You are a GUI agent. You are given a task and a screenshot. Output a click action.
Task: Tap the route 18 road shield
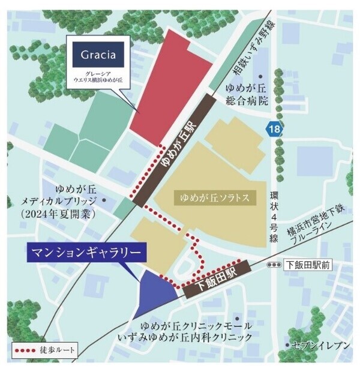(275, 128)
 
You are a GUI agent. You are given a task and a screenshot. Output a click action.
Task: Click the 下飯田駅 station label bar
(217, 278)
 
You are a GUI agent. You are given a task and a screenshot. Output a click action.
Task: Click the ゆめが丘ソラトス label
(214, 196)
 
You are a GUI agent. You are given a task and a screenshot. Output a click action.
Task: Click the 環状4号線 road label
(275, 216)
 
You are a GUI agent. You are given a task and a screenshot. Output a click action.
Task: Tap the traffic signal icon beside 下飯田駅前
(274, 265)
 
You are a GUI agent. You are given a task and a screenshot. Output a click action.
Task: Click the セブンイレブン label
(315, 345)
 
